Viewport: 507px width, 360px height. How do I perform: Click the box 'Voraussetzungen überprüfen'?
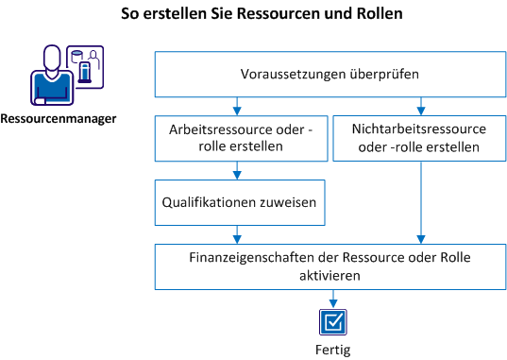tap(330, 74)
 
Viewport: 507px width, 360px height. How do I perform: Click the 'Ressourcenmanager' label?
tap(59, 119)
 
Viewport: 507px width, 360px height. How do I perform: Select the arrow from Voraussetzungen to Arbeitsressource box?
tap(240, 105)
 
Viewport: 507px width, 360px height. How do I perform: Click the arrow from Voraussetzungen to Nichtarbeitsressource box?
tap(418, 105)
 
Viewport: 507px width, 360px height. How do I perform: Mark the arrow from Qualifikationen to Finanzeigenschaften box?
tap(240, 233)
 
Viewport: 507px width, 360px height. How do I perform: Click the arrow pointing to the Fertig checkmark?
tap(331, 300)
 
